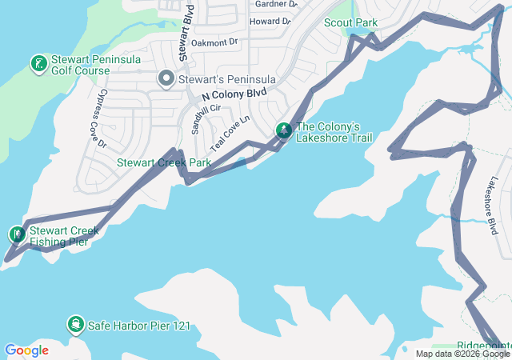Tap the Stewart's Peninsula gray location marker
[x=166, y=78]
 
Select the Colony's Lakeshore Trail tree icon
[x=283, y=130]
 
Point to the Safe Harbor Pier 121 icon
[x=74, y=324]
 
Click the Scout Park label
[x=350, y=22]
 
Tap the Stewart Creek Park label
[x=163, y=162]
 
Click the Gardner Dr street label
[x=275, y=4]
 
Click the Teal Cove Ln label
[x=230, y=134]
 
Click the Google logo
[x=26, y=350]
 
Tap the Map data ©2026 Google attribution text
[x=462, y=354]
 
